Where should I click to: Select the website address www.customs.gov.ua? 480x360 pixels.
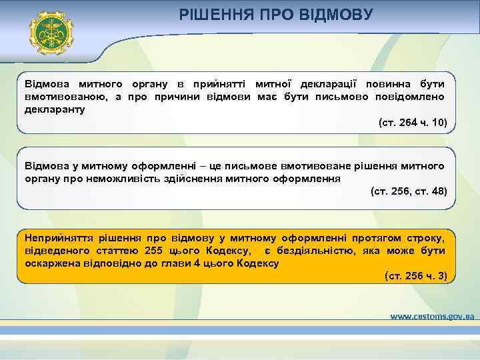pos(431,315)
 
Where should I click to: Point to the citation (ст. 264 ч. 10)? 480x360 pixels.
pos(412,123)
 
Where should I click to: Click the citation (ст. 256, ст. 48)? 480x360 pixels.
pos(408,191)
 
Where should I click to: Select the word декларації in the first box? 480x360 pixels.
pos(323,84)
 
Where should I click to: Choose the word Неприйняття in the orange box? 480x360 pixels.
pos(56,237)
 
